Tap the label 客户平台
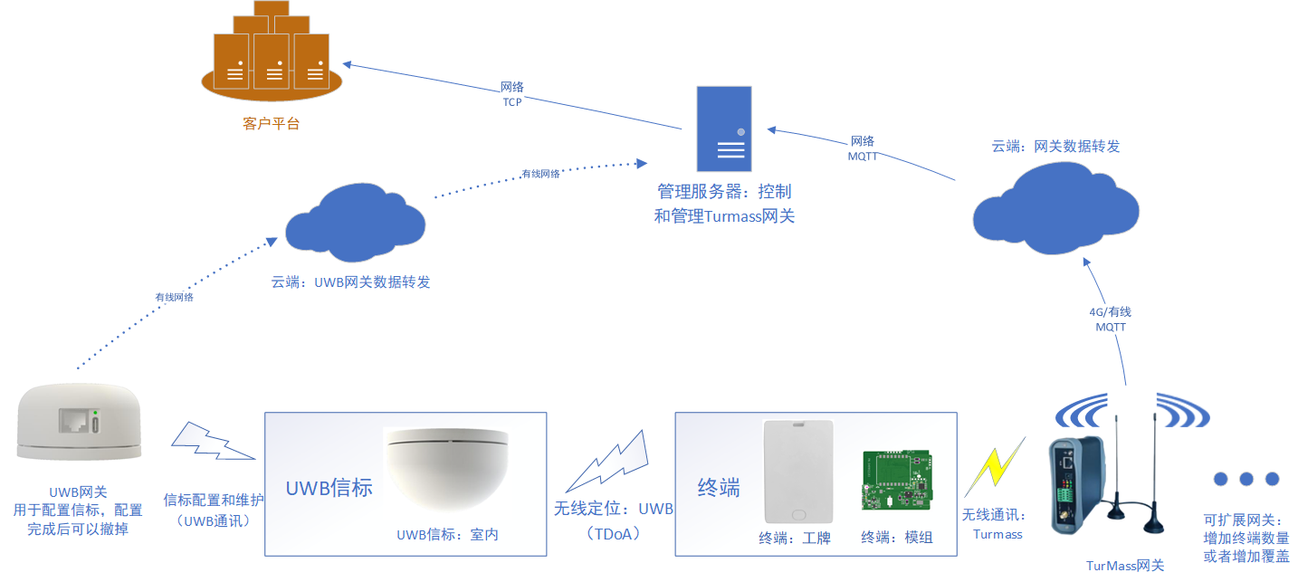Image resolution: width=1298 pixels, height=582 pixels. point(271,124)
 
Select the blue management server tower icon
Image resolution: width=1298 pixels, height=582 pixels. point(724,129)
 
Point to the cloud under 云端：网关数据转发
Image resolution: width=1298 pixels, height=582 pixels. point(1055,209)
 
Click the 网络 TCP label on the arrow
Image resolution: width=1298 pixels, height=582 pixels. point(512,94)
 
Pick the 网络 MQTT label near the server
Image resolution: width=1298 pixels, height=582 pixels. point(863,148)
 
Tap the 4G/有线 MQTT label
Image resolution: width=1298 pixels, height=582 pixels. point(1109,319)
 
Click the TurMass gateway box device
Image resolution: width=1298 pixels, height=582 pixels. point(1077,486)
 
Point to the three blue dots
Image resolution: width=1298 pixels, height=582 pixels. point(1246,479)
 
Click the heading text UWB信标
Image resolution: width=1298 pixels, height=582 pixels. point(329,487)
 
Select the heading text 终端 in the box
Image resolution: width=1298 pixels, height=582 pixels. point(719,488)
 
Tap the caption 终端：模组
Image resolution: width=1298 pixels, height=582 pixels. point(896,538)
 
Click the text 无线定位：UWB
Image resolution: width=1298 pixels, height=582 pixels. point(613,509)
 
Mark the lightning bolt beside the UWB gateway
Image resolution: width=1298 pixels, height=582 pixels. point(211,442)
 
